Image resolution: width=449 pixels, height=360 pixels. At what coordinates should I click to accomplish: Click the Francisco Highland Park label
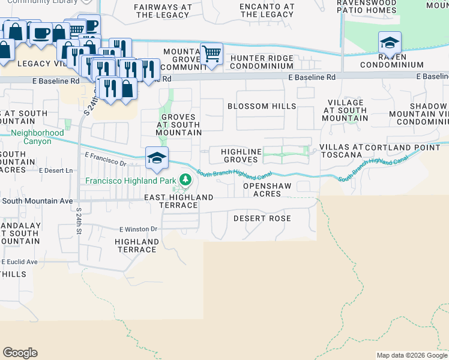click(x=131, y=181)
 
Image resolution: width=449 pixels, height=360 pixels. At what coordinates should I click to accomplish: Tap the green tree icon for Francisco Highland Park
click(x=185, y=179)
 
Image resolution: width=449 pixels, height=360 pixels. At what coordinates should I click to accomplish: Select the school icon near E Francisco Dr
click(x=157, y=158)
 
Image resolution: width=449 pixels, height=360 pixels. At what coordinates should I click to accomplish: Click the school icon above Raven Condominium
click(x=390, y=43)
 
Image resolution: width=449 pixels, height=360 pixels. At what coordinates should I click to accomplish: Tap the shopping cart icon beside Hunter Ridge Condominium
click(x=211, y=54)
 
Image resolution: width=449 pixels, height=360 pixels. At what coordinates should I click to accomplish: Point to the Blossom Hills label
click(x=262, y=106)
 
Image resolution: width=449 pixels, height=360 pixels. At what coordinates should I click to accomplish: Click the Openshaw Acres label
click(x=267, y=190)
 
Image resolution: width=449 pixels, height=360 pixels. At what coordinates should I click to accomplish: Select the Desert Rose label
click(x=262, y=218)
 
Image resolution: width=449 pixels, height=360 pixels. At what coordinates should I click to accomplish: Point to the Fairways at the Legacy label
click(x=163, y=10)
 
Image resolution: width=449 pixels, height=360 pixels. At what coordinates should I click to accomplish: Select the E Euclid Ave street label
click(x=19, y=262)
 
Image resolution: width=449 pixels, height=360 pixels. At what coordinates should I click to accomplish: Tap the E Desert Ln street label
click(x=55, y=170)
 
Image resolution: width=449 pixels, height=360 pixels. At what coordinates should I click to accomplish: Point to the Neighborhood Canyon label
click(x=37, y=137)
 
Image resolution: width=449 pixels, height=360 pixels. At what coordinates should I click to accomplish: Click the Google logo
click(x=20, y=353)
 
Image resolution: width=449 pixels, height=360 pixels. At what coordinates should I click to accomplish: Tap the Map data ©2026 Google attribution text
click(x=411, y=355)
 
